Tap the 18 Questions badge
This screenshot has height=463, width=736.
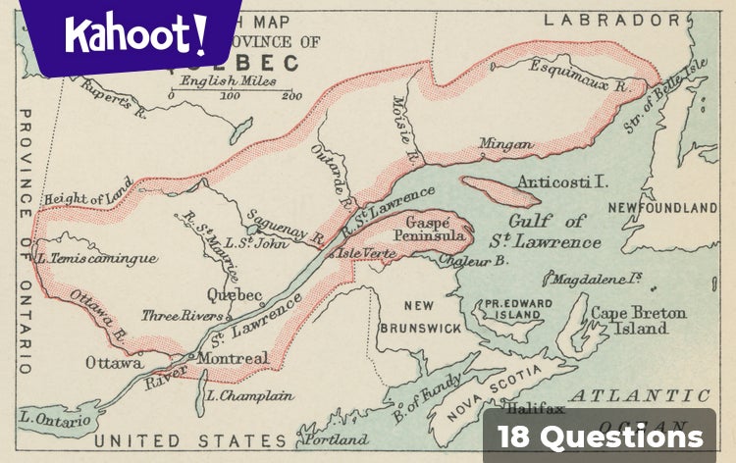click(600, 437)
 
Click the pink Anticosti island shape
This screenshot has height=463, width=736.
click(499, 191)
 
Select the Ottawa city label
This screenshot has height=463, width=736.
click(114, 362)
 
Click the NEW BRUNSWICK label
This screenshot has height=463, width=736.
click(418, 316)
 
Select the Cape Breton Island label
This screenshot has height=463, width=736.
click(639, 321)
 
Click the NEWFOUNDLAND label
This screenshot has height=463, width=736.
click(662, 208)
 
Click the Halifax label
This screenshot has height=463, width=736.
click(535, 409)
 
